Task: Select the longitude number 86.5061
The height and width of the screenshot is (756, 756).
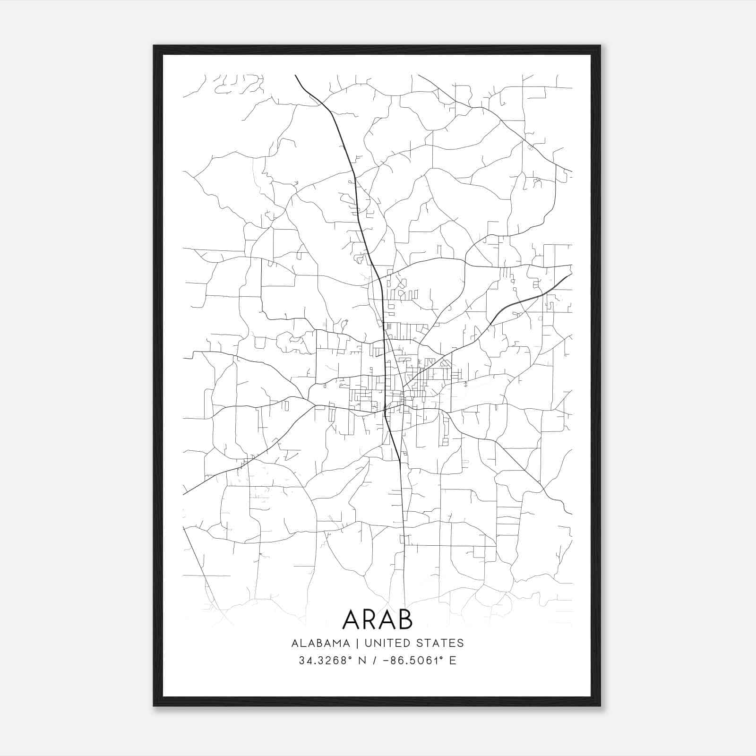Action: (414, 661)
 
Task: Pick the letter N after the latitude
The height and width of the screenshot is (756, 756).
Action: (363, 661)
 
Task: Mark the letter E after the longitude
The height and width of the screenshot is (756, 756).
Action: (453, 661)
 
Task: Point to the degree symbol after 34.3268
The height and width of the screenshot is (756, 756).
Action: (351, 657)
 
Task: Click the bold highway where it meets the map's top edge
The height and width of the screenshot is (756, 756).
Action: (296, 76)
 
